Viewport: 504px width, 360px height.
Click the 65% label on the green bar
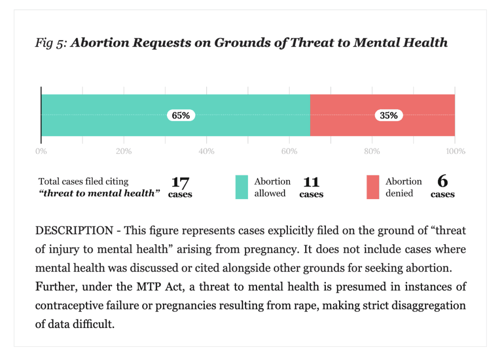pos(181,115)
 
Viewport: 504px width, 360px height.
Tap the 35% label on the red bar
pos(389,115)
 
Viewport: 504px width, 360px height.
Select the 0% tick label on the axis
pos(41,151)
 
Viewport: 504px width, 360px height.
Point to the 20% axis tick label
pos(124,151)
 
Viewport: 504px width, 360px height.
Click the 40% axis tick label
pos(206,151)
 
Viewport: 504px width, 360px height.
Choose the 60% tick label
pos(289,151)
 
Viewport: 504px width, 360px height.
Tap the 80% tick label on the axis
pos(372,151)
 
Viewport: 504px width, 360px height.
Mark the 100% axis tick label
pos(455,151)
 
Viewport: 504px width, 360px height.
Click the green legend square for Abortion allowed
pos(242,187)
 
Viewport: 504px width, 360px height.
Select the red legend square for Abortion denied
pos(373,187)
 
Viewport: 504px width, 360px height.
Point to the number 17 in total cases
pos(180,182)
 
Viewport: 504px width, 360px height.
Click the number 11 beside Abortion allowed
pos(311,182)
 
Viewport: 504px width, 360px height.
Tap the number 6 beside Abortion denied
pos(442,181)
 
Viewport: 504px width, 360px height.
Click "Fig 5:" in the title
pos(51,43)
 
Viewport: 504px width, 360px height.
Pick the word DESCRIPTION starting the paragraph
pos(74,231)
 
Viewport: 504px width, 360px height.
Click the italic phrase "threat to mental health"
pos(99,193)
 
